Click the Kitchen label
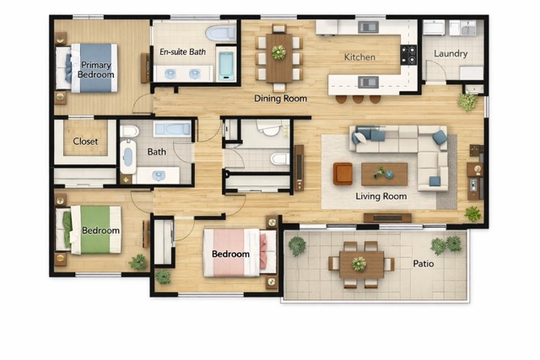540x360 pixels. pos(359,57)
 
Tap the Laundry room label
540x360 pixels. pos(451,54)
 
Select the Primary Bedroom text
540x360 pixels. pos(95,70)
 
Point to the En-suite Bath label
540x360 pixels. pos(182,52)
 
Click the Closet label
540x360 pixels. pos(85,142)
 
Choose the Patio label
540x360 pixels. pos(424,263)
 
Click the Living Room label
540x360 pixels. pos(381,196)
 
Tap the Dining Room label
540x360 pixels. pos(280,98)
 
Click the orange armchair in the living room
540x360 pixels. pos(343,173)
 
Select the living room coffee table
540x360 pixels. pos(384,174)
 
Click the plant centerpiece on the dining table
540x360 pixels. pos(278,52)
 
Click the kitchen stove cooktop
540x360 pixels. pos(408,54)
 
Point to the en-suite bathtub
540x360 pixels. pos(225,63)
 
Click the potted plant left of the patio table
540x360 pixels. pos(297,245)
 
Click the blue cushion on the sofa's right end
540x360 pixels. pos(440,137)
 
